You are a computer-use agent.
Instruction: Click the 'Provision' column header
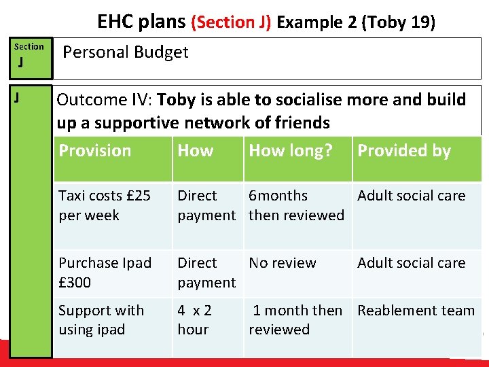pos(95,151)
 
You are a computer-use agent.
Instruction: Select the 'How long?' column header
pos(291,151)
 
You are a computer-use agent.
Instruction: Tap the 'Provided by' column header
pos(404,151)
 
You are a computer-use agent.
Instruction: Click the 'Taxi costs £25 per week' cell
pos(105,205)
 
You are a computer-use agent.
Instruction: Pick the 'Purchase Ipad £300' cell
pos(105,273)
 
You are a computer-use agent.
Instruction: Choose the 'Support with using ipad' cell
pos(101,319)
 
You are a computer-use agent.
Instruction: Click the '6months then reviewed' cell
pos(296,205)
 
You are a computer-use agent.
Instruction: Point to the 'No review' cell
pos(283,263)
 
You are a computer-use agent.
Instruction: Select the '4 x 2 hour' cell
pos(195,319)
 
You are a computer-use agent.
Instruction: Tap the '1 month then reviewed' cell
pos(296,319)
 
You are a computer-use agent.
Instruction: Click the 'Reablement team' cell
pos(416,311)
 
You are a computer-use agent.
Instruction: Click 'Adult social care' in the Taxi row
pos(412,196)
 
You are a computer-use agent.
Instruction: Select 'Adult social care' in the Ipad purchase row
pos(412,263)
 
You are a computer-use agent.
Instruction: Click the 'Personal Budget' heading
pos(126,52)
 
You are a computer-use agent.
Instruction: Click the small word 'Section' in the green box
pos(29,47)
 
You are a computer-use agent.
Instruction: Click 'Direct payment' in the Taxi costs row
pos(206,205)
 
